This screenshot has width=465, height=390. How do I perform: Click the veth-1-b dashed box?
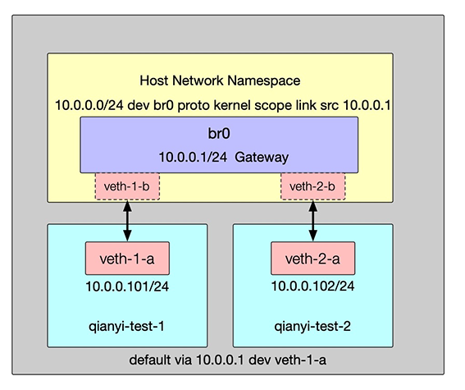(x=127, y=186)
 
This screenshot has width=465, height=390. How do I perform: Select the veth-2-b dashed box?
(x=312, y=186)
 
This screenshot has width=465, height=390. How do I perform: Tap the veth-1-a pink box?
(x=127, y=258)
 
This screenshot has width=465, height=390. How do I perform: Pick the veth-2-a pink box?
(x=312, y=258)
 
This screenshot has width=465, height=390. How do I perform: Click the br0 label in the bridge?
(x=219, y=133)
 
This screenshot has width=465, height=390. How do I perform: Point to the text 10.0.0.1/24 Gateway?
(x=224, y=157)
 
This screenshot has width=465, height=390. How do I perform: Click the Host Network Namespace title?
(x=220, y=80)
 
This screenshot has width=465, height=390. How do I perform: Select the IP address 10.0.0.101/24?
(x=127, y=287)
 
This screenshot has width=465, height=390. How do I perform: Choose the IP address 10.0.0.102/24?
(x=312, y=286)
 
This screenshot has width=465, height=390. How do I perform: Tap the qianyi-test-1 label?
(x=126, y=327)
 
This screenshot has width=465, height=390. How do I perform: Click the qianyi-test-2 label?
(x=312, y=327)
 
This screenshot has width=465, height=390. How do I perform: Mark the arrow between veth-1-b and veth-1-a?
(x=127, y=221)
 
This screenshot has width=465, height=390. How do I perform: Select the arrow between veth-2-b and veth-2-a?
(x=312, y=221)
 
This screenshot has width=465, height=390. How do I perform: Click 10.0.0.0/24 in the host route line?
(x=89, y=105)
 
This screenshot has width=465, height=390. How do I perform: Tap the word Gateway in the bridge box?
(x=262, y=158)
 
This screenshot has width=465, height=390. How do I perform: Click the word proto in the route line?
(x=194, y=106)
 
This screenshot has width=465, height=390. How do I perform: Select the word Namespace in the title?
(x=263, y=80)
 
